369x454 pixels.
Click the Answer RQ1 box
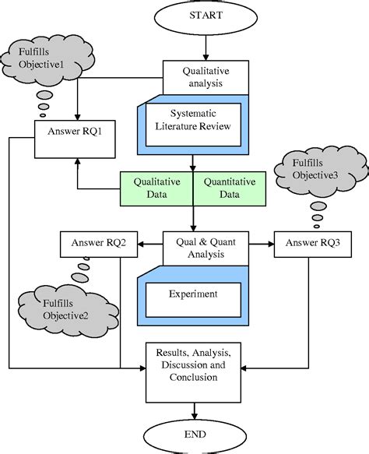[76, 131]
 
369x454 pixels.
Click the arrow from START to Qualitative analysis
[206, 49]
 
